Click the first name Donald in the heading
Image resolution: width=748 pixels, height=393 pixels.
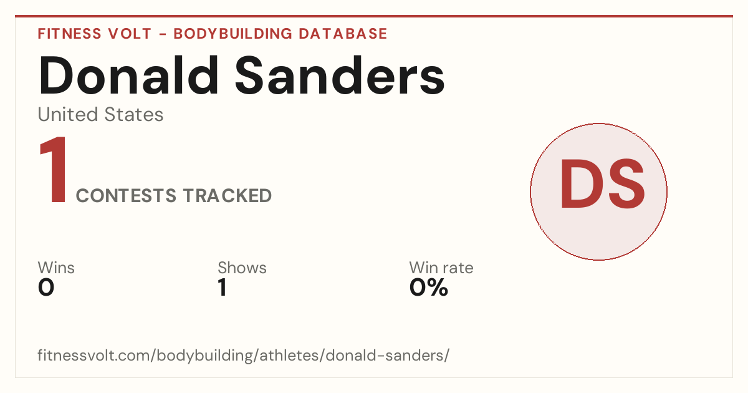(128, 75)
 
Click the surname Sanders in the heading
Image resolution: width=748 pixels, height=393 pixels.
(340, 75)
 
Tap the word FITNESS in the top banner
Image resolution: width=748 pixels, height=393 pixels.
(69, 34)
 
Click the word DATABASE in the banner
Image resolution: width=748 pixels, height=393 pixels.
(343, 34)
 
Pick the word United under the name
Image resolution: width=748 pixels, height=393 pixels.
(68, 114)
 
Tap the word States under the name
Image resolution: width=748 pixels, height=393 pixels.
(133, 114)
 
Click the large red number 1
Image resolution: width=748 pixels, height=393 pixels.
(54, 170)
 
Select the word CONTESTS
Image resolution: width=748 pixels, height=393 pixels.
(126, 196)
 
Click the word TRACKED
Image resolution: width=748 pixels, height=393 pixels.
(228, 196)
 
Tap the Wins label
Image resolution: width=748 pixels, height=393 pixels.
(56, 268)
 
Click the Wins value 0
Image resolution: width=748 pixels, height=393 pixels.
(46, 288)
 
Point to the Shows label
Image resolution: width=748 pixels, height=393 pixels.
(242, 268)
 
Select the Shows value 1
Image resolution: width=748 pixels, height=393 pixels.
(223, 288)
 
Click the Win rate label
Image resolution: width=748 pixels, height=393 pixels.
(441, 268)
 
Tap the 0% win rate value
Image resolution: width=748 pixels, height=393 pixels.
(429, 288)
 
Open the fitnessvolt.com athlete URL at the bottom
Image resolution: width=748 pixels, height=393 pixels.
(244, 356)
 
